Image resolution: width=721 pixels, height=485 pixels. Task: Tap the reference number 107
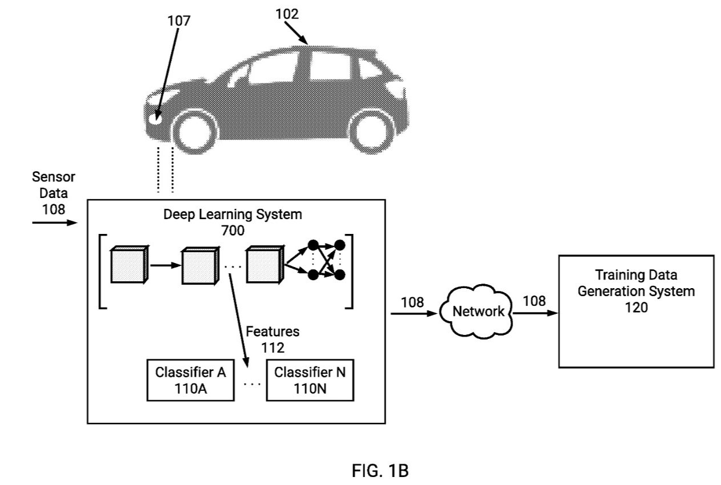point(179,21)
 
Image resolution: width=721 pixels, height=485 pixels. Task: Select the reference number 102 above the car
point(287,14)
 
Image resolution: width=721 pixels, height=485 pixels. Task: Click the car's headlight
point(155,118)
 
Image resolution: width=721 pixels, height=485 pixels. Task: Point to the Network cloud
point(477,311)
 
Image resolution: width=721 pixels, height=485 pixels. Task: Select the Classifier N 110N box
point(310,379)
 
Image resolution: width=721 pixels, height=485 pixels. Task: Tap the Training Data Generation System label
point(636,282)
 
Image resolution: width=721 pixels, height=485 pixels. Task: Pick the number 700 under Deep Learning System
point(233,231)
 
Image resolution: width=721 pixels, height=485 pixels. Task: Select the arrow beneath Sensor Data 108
point(54,222)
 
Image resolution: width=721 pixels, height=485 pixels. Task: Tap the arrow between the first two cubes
point(166,265)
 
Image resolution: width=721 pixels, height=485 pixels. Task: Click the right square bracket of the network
point(350,271)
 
